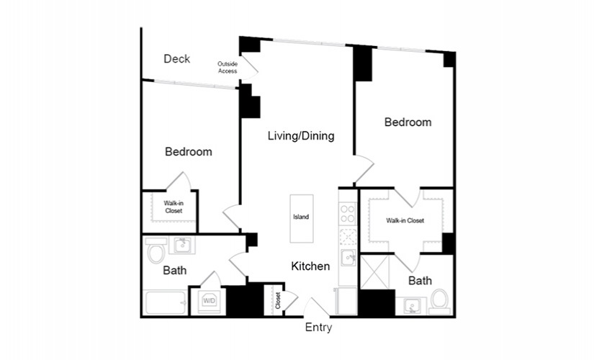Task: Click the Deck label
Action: [x=177, y=59]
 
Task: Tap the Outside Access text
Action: [x=228, y=68]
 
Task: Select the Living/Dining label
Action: [x=301, y=135]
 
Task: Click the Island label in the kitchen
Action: [x=301, y=217]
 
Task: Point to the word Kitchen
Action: [x=310, y=266]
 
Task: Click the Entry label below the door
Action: [x=318, y=328]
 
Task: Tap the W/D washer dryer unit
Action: [x=209, y=301]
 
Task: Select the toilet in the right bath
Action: [x=440, y=301]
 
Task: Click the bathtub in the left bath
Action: [x=166, y=302]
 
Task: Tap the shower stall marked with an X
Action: [x=374, y=272]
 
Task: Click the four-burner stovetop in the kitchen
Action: [x=348, y=214]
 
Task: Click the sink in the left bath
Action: [x=184, y=245]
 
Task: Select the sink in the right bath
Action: [x=411, y=306]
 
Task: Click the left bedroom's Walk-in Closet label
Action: [x=174, y=207]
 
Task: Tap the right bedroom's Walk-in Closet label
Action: [x=405, y=220]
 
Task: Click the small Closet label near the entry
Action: [x=278, y=300]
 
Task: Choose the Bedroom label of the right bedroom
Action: [x=408, y=122]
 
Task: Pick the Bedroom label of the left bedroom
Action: [x=189, y=152]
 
